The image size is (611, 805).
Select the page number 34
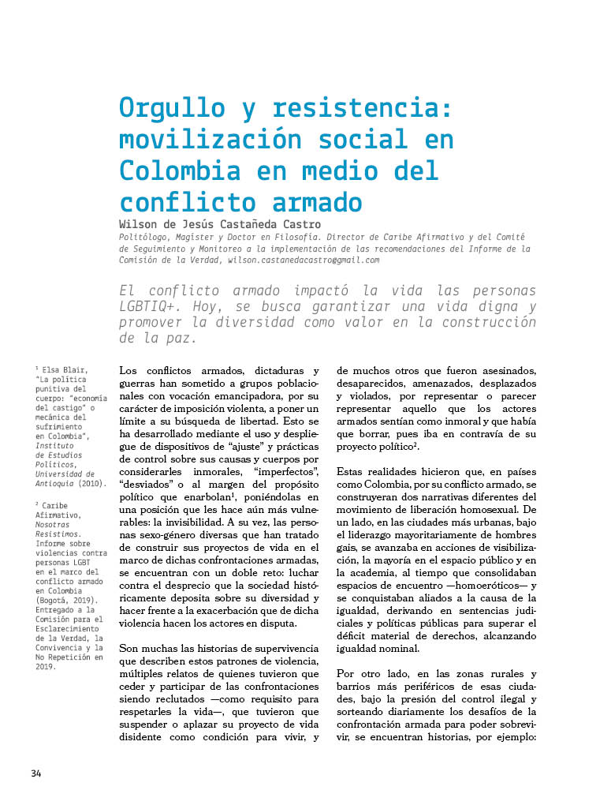(36, 772)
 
